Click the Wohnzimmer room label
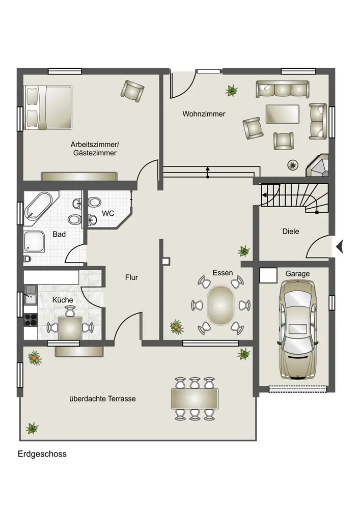tap(204, 114)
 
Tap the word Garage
tap(297, 274)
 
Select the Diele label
tap(291, 232)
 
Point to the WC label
tap(108, 213)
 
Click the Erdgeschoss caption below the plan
tap(42, 454)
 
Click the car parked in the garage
tap(298, 329)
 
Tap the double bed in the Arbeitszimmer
tap(48, 107)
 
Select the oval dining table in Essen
tap(220, 305)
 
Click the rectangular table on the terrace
tap(195, 399)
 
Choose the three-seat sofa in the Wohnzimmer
tap(283, 89)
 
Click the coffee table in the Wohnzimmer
tap(283, 114)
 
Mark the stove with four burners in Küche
tap(31, 320)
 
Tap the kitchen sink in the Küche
tap(31, 294)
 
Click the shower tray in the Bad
tap(34, 241)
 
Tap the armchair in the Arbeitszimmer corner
tap(132, 91)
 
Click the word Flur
tap(131, 277)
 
